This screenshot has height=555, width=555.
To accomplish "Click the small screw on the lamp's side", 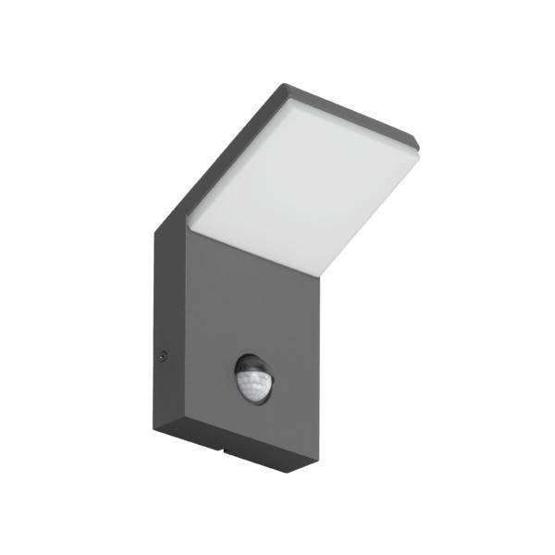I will point(164,353).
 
